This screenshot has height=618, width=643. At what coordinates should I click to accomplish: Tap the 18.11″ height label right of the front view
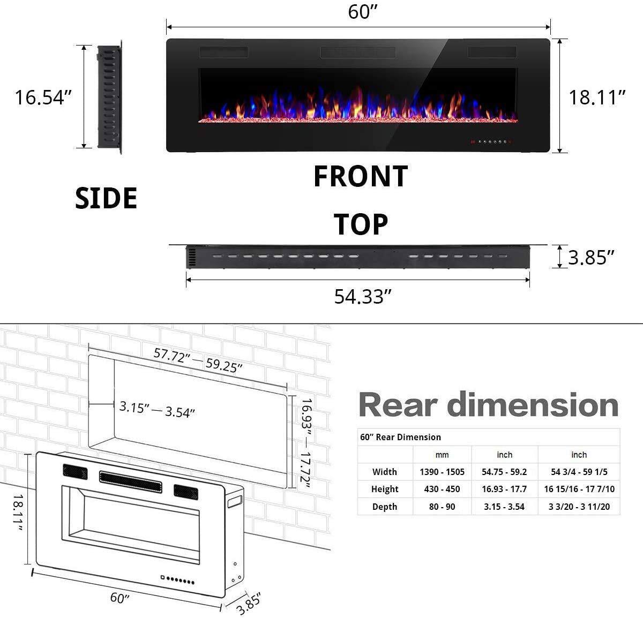point(597,97)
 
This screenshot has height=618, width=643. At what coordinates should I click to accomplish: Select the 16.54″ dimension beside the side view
point(43,97)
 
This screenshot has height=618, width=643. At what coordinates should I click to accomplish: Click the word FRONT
point(360,177)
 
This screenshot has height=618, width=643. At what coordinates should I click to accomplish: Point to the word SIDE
point(106,198)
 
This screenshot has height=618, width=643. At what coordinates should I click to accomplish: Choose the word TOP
point(361,224)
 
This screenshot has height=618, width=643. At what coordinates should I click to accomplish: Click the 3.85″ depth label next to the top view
point(590,258)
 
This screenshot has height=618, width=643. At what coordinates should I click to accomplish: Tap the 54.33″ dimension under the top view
point(360,296)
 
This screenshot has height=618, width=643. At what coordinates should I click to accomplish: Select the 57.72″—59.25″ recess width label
point(198,360)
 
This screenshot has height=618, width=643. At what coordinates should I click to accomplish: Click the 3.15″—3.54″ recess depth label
point(156,409)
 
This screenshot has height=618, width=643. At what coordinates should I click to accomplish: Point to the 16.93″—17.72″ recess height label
point(306,442)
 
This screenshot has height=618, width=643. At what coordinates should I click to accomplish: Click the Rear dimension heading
point(488,405)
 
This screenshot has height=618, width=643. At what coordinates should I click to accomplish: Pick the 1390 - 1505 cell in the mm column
point(442,472)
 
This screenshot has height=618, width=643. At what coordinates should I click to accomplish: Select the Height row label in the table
point(385,489)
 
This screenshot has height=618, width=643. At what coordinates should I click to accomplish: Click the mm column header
point(442,455)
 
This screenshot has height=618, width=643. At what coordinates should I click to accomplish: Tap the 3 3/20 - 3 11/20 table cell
point(579,507)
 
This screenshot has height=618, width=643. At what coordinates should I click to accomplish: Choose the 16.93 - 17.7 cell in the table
point(504,489)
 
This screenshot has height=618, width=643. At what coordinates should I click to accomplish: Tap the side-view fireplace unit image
point(109,97)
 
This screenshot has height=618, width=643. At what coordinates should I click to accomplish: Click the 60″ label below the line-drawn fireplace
point(120,597)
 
